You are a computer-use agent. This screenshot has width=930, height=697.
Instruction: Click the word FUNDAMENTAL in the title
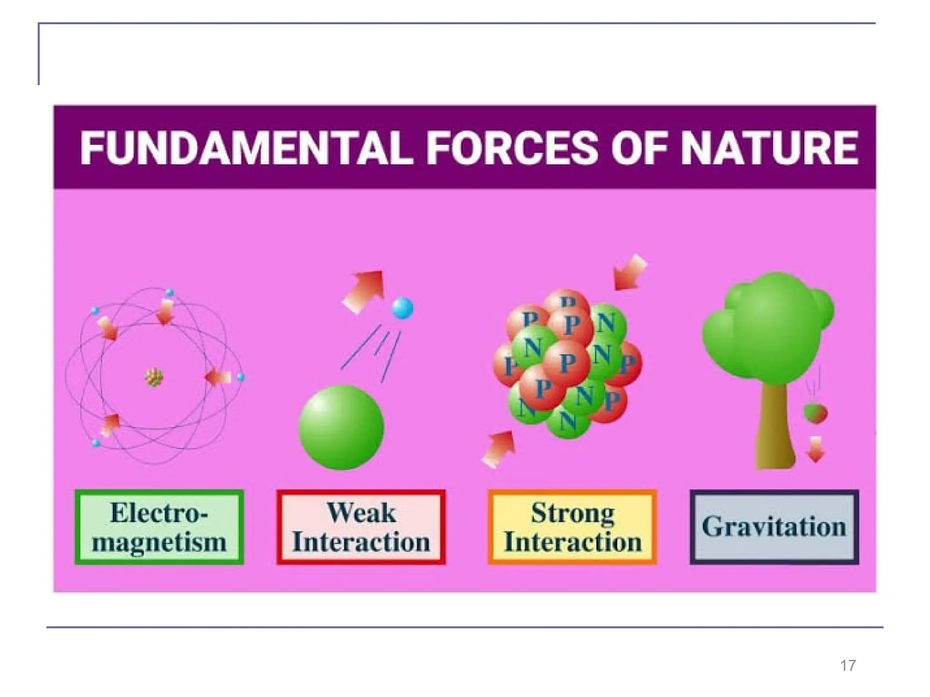[246, 148]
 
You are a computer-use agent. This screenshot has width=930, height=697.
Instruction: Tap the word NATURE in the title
[769, 148]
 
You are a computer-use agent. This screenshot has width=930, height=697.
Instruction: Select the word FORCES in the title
[512, 148]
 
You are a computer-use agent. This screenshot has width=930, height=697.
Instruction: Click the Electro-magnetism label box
[159, 527]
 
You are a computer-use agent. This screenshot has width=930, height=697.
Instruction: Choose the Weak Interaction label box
[361, 527]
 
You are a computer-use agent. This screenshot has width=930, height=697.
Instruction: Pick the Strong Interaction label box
[572, 527]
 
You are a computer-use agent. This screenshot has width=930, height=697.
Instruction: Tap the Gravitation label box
[774, 527]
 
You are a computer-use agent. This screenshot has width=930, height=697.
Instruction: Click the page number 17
[848, 665]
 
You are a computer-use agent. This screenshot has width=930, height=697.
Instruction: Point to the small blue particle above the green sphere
[402, 309]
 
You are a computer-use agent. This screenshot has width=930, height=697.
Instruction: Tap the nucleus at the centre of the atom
[154, 377]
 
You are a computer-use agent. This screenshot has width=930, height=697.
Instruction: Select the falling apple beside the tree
[815, 413]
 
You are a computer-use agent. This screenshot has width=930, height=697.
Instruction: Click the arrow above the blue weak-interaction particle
[365, 290]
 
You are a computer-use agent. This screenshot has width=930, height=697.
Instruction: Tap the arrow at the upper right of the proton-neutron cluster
[629, 273]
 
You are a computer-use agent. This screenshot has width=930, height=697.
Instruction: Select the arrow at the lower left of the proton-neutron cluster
[499, 449]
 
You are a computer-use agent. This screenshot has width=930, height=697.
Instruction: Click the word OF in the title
[640, 148]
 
